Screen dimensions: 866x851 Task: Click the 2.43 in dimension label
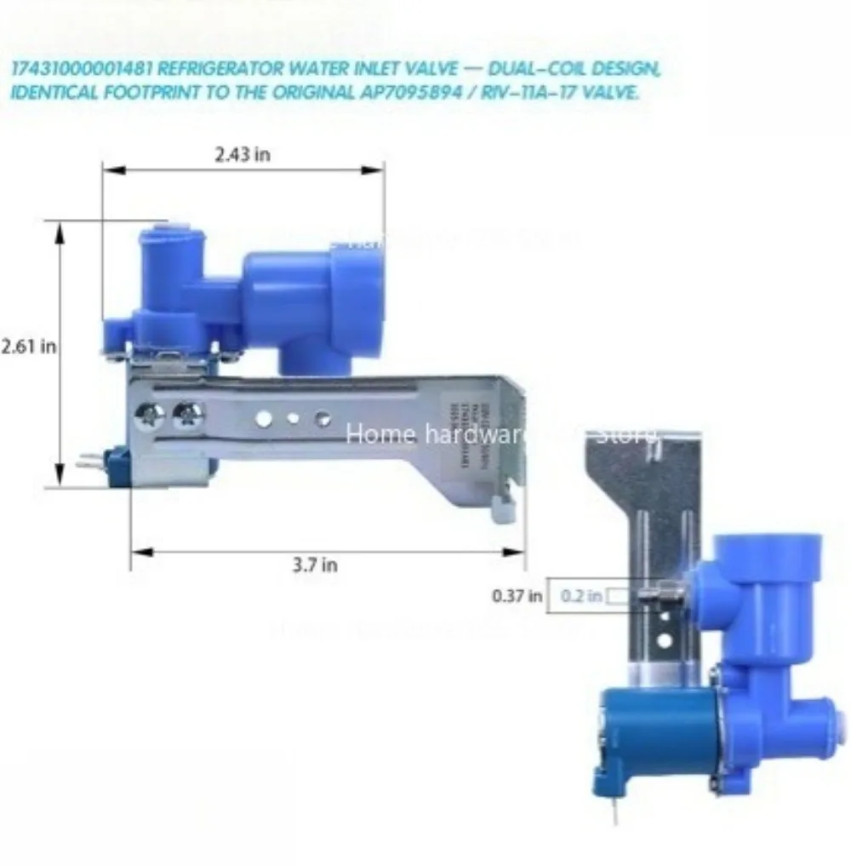242,155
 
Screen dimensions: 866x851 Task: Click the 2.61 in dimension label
28,347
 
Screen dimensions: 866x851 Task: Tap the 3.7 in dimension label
315,565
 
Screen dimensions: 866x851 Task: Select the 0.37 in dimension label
517,596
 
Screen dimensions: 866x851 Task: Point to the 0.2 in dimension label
581,596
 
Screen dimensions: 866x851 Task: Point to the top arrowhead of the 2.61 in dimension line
60,229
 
